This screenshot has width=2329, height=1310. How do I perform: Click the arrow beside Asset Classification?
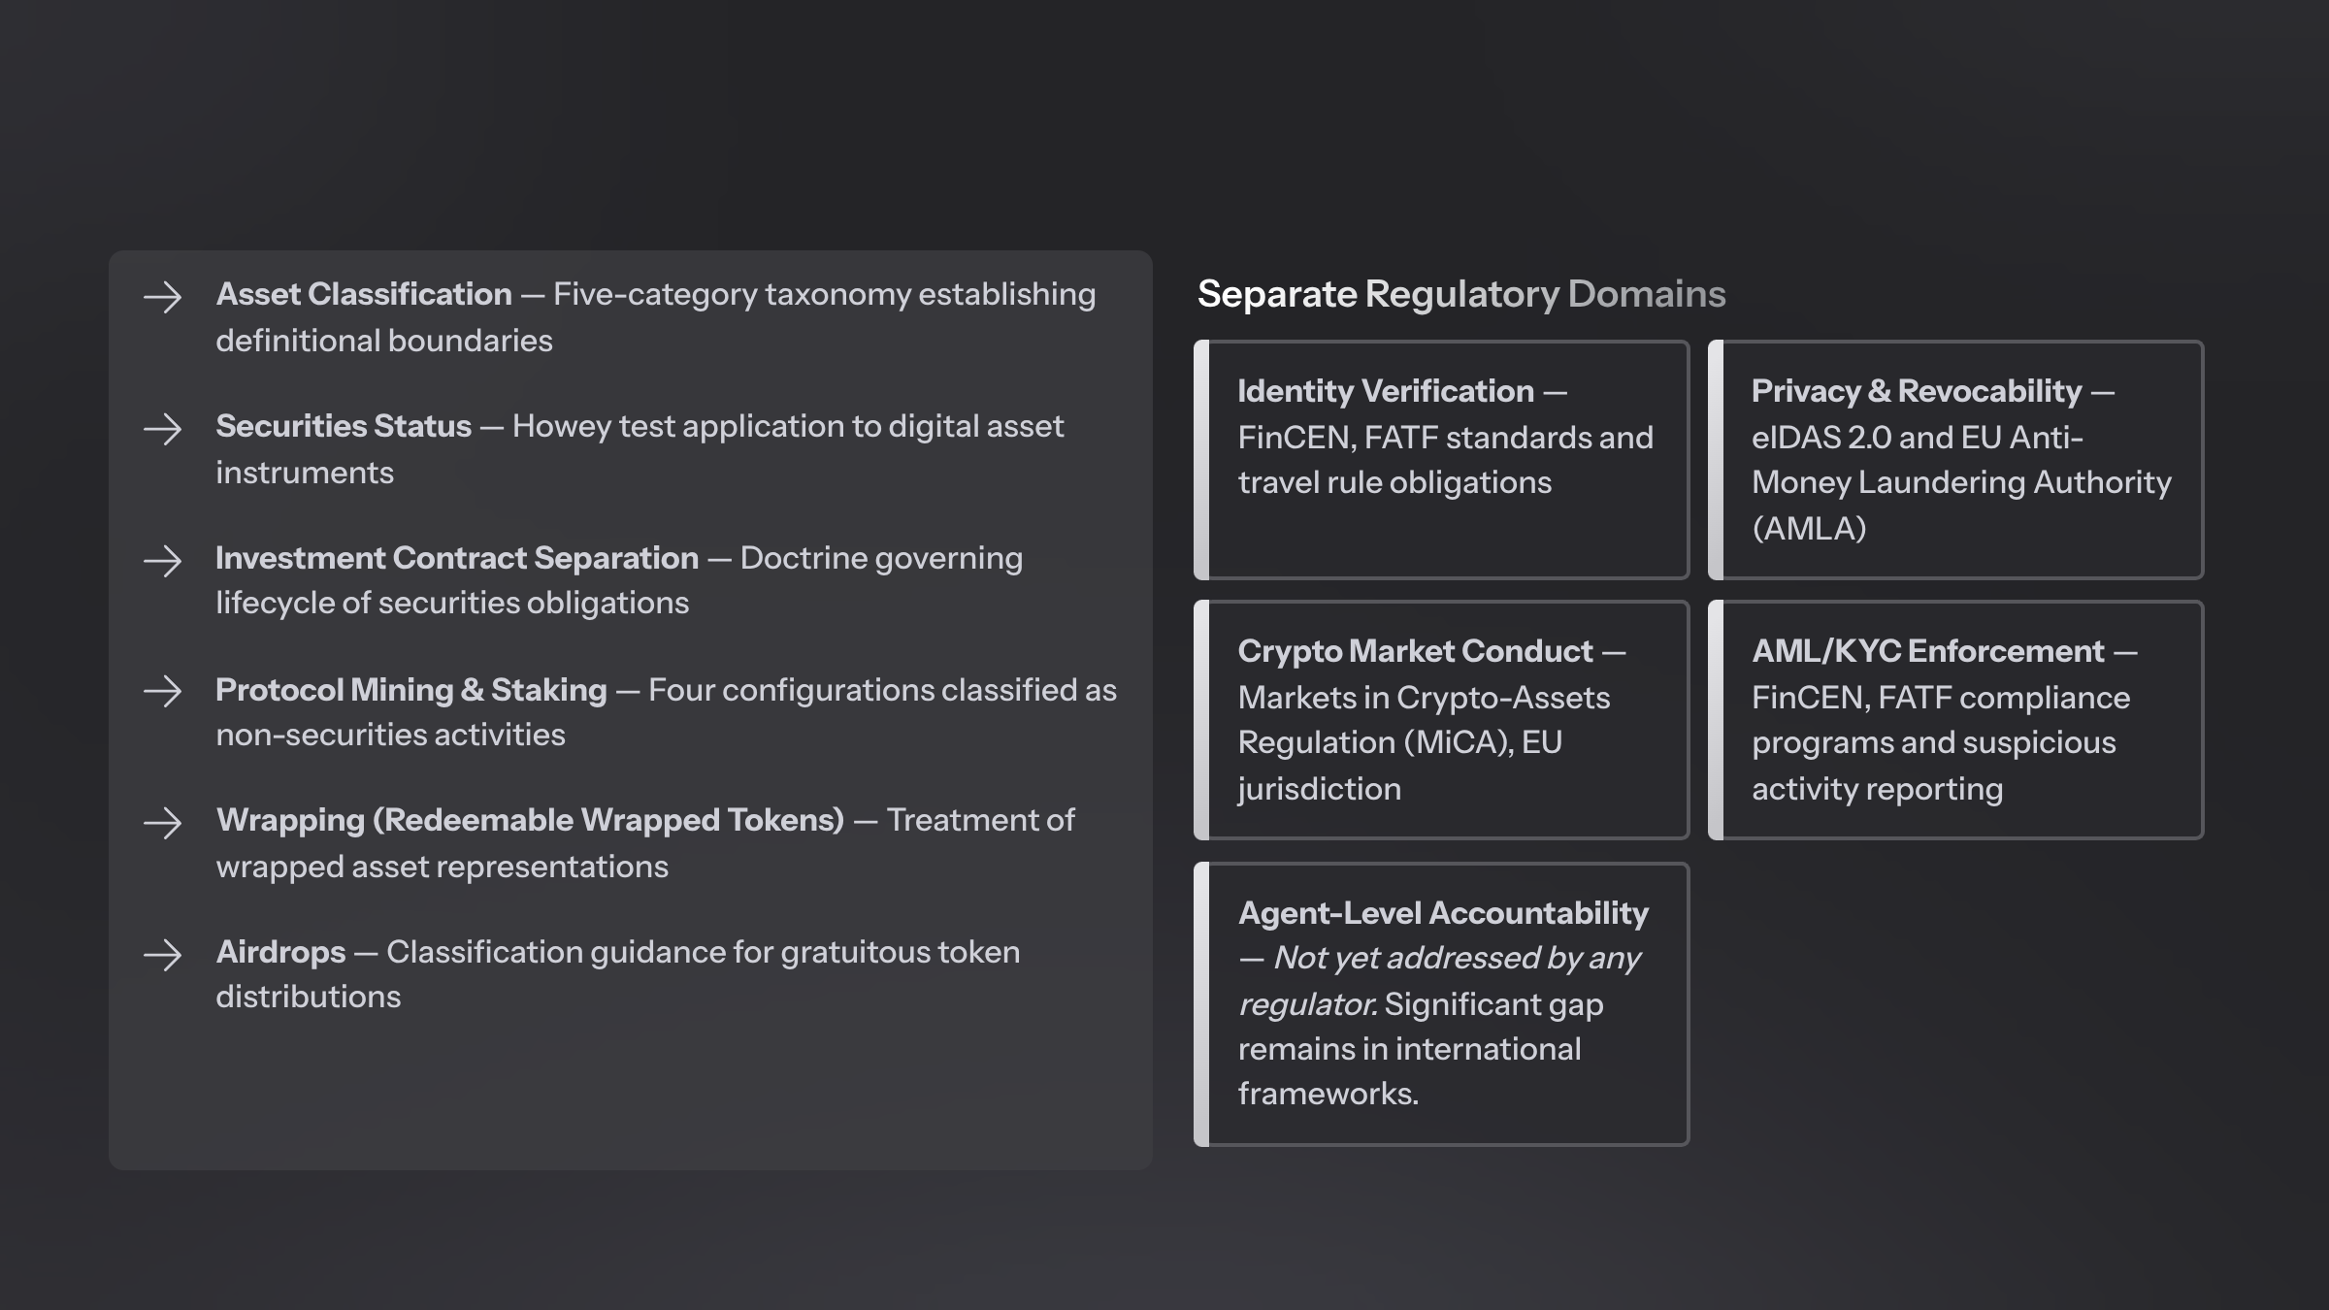(162, 297)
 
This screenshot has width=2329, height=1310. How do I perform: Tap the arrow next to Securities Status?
(162, 429)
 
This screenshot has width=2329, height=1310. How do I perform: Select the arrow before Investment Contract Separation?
(162, 561)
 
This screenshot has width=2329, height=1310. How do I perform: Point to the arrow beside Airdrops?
(162, 955)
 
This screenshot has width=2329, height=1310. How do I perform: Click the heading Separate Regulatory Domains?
(1461, 294)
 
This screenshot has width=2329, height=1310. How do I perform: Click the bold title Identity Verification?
(1386, 391)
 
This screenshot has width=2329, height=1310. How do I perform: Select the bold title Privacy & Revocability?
(1917, 391)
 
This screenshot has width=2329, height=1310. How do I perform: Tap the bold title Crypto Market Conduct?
(1415, 651)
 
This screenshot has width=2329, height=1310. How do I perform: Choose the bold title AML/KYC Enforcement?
(1928, 651)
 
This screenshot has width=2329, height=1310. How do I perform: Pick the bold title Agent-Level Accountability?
(1443, 913)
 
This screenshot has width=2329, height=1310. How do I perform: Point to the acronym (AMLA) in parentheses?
(1809, 529)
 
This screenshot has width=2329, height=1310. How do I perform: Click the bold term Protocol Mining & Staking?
(411, 690)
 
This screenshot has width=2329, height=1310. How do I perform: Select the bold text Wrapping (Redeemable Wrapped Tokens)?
(530, 821)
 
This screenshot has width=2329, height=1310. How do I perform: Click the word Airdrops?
(280, 953)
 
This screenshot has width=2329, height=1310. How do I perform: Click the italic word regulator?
(1307, 1005)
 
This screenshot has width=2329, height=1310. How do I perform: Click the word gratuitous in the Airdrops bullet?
(841, 953)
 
